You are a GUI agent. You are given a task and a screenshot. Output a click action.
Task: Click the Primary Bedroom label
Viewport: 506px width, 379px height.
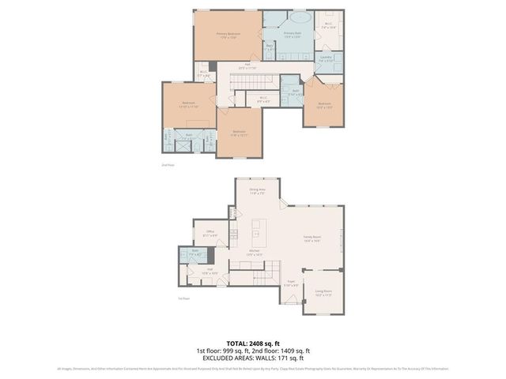point(228,35)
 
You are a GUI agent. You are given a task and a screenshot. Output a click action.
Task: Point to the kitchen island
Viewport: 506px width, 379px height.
point(256,234)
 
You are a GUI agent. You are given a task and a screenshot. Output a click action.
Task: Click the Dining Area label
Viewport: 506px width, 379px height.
point(257,190)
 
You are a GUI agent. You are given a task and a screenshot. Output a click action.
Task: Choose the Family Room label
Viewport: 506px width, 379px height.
point(312,238)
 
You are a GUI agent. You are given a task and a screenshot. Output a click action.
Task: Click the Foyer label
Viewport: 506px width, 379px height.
point(290,283)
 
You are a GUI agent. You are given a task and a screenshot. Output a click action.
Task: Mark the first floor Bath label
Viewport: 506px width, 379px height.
point(194,253)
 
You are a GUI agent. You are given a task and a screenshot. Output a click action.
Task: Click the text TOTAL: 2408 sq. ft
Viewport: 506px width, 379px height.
point(253,343)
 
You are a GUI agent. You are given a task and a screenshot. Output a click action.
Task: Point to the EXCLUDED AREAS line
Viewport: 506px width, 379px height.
point(253,358)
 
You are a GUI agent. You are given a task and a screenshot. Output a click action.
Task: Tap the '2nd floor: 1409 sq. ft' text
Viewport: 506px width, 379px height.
point(285,351)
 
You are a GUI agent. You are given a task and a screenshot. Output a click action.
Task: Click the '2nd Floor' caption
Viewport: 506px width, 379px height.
point(166,165)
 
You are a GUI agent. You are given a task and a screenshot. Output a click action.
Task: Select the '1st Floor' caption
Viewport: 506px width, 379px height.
point(183,298)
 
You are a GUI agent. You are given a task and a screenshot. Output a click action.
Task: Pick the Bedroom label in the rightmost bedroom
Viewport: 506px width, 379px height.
point(324,104)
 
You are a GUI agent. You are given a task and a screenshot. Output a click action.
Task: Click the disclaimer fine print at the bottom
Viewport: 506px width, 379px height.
point(253,368)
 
